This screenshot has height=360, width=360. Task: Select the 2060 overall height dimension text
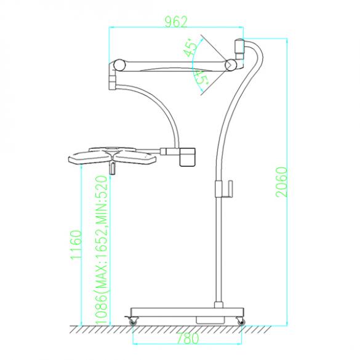point(281,182)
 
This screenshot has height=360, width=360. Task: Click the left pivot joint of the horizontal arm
point(119,65)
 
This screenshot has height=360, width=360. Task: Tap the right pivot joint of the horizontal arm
point(231,64)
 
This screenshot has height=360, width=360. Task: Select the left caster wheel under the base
point(132,320)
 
